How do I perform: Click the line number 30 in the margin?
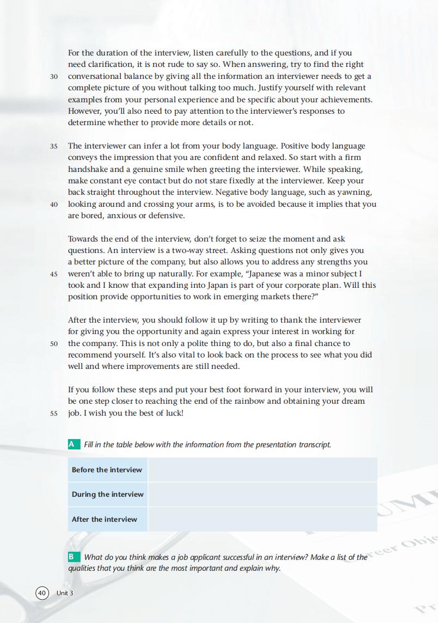(54, 77)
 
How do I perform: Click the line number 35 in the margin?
(54, 146)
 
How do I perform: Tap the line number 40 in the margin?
(54, 205)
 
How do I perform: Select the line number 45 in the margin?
(54, 274)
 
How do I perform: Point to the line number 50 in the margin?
(54, 344)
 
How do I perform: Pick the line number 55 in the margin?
(54, 414)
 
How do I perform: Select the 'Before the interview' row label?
(107, 470)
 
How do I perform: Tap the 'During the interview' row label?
(108, 494)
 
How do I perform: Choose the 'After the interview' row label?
(104, 519)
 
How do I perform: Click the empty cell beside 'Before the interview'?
(262, 470)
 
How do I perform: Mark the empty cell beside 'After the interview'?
(262, 519)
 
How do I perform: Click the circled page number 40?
(42, 593)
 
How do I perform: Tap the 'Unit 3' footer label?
(65, 593)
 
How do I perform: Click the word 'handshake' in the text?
(88, 169)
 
